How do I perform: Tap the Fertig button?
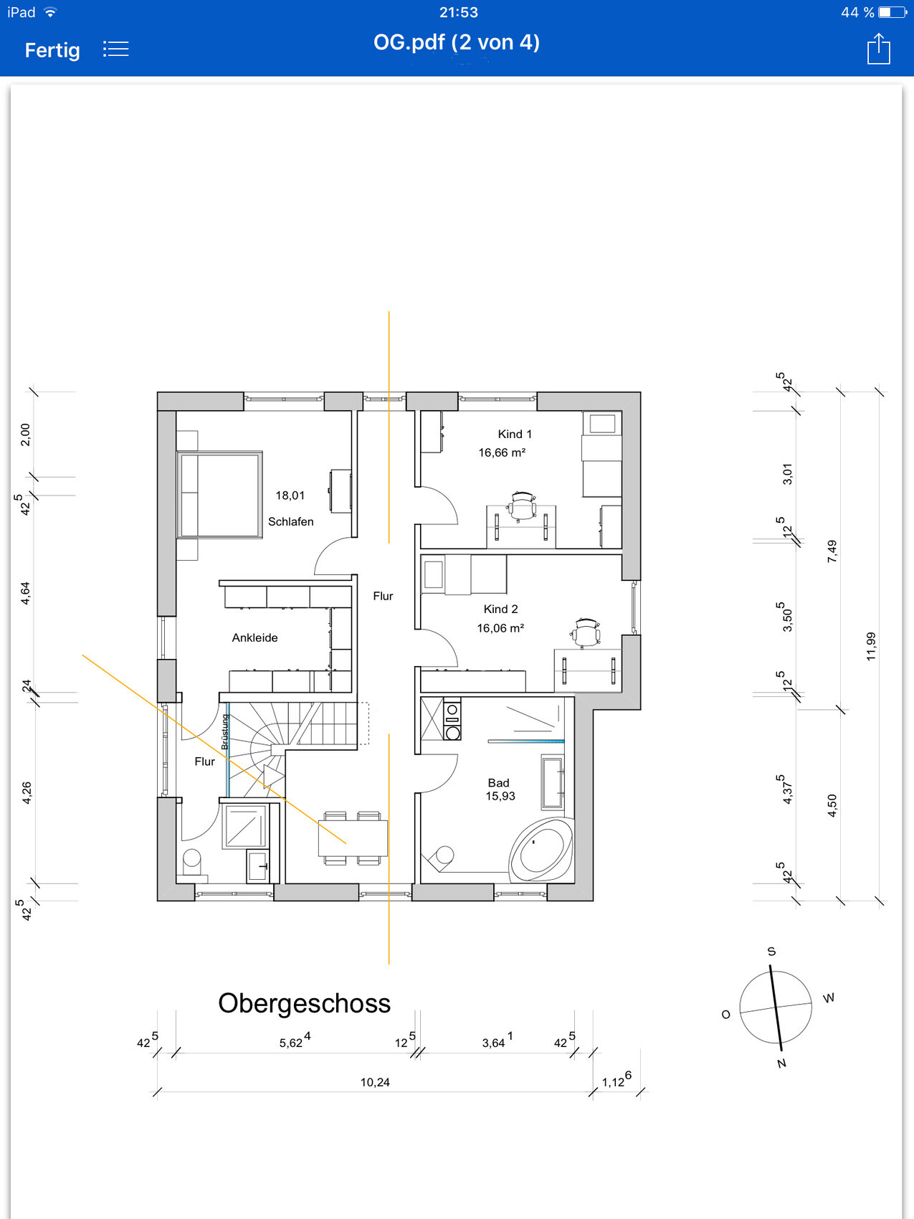coord(52,50)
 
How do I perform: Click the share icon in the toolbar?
coord(878,49)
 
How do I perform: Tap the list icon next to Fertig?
coord(115,49)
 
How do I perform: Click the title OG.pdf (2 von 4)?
coord(457,42)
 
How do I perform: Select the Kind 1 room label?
coord(515,434)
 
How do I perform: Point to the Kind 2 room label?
coord(500,609)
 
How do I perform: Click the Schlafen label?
coord(290,521)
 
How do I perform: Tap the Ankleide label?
coord(254,637)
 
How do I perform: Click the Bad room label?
coord(498,783)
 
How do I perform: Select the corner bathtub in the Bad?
coord(541,850)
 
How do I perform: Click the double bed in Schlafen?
coord(219,494)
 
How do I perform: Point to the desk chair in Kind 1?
coord(523,505)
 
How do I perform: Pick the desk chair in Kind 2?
coord(586,632)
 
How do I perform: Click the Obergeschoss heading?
coord(304,1003)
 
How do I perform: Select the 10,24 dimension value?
coord(375,1082)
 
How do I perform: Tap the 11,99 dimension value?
coord(871,646)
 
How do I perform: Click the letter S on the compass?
coord(772,952)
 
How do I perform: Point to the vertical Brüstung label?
coord(225,731)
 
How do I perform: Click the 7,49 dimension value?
coord(832,551)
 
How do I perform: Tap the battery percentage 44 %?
coord(857,12)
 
